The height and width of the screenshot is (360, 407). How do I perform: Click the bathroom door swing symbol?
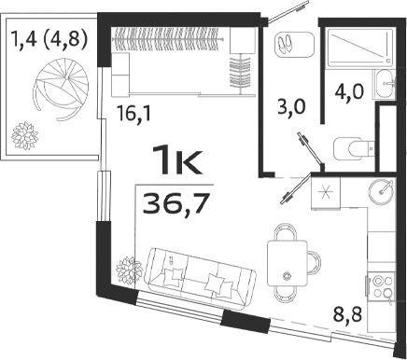coord(305,148)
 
